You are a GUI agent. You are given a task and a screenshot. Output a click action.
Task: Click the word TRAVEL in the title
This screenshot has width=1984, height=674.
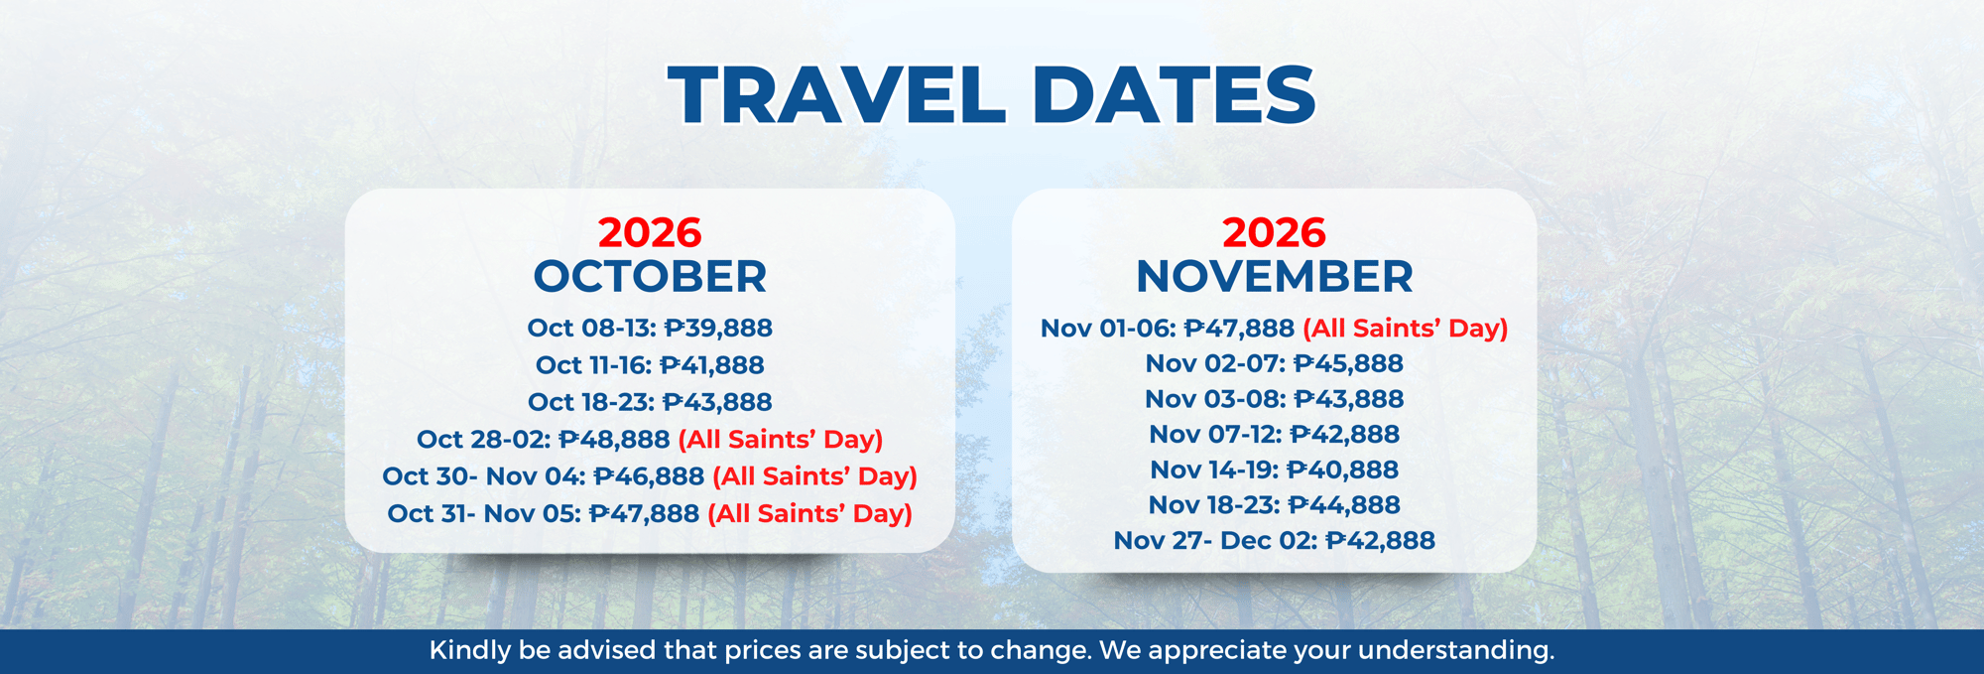(836, 95)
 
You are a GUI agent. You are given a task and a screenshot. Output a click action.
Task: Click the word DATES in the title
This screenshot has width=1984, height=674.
(1174, 95)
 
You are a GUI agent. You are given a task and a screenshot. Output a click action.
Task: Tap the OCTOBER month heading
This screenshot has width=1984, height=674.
(650, 277)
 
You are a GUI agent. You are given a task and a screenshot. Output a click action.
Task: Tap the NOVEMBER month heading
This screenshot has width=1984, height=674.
(1274, 277)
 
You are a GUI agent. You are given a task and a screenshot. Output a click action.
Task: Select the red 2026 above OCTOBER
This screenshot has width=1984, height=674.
(650, 233)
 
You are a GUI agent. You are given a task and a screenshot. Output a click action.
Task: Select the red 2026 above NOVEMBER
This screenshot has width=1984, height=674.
(1274, 233)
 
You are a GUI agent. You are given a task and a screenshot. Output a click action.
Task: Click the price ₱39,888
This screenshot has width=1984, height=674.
(718, 329)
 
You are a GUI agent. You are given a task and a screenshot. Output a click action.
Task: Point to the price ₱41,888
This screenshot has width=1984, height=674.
(712, 365)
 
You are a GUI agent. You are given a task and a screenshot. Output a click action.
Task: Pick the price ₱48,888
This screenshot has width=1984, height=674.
(614, 440)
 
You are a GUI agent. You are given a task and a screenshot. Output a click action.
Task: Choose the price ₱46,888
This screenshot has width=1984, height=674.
(649, 476)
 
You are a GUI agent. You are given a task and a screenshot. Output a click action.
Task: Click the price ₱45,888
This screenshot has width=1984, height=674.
(1348, 364)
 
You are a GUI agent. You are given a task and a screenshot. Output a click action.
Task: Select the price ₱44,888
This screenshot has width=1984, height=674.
(1345, 505)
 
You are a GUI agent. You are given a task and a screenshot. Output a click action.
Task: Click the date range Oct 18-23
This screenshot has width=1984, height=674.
(589, 402)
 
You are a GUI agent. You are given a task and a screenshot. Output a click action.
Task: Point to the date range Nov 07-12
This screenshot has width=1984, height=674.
(1211, 435)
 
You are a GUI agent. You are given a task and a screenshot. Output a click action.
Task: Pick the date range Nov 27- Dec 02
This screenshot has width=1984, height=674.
(1214, 541)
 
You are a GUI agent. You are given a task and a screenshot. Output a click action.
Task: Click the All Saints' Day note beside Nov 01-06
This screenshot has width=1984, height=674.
(1405, 329)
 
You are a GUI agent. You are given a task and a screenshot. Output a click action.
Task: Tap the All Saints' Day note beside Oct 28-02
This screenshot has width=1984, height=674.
(781, 440)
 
